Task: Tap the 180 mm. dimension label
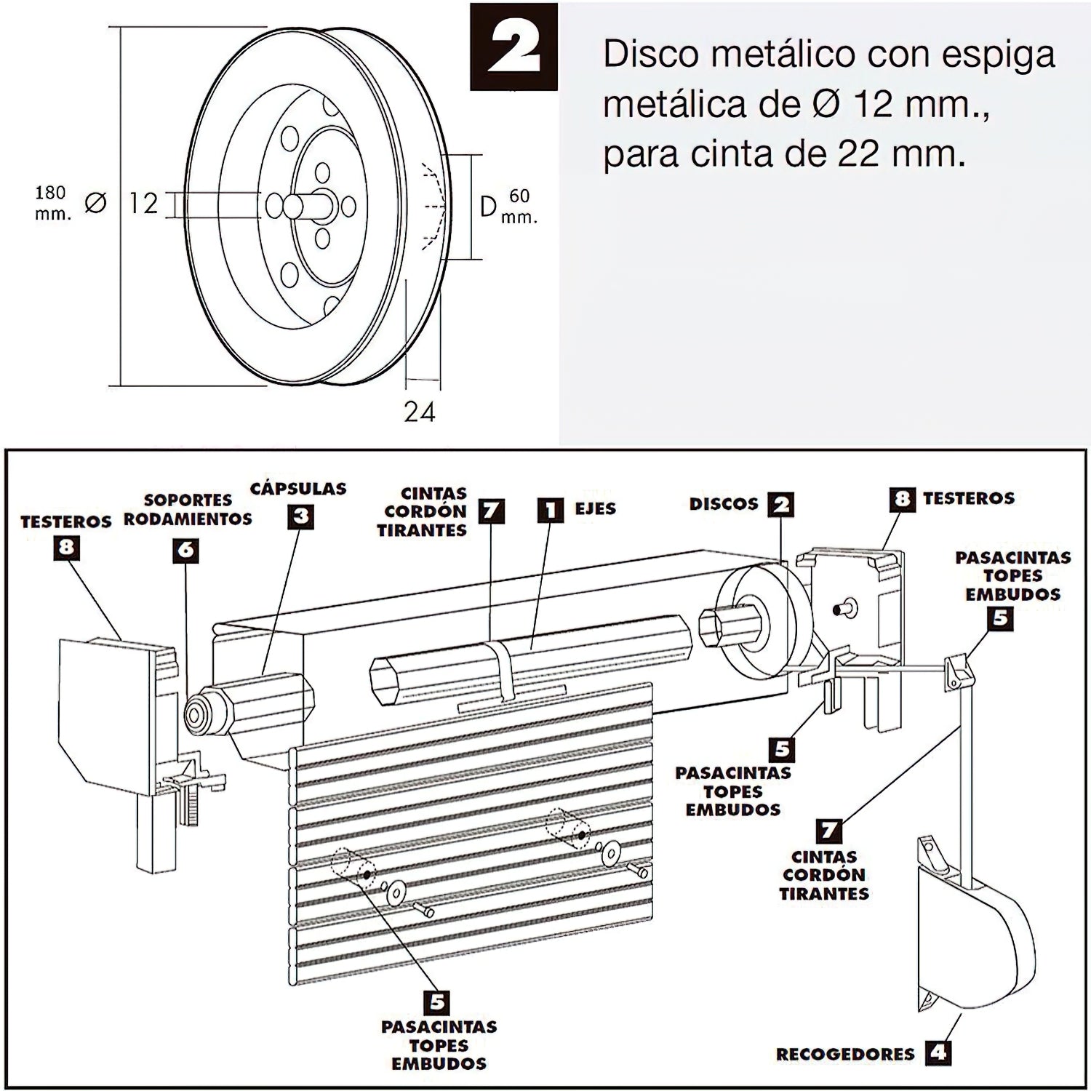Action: coord(52,203)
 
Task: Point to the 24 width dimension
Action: coord(420,412)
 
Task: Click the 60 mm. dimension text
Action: coord(519,206)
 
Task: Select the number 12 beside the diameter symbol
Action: coord(143,203)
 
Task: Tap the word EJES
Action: coord(595,508)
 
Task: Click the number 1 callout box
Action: coord(551,510)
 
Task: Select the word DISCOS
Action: coord(724,503)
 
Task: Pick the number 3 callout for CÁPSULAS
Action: coord(300,516)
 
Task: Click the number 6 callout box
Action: coord(186,550)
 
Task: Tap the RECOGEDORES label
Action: coord(845,1054)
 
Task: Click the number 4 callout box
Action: coord(939,1052)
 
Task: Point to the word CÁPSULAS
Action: coord(298,489)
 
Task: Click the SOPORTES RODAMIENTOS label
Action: coord(188,509)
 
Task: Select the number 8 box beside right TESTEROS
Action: coord(903,499)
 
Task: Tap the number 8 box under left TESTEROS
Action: coord(66,547)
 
